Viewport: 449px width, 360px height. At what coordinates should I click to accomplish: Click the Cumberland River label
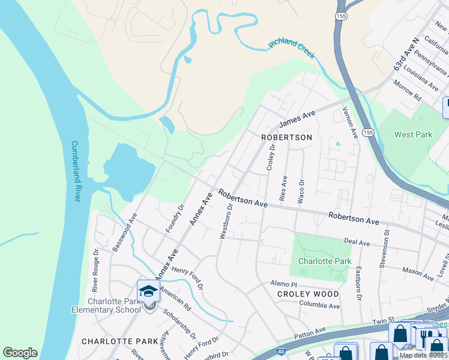click(x=76, y=171)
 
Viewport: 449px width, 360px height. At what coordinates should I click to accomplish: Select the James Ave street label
click(x=297, y=118)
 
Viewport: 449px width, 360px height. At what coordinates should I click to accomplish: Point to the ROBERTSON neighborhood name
click(x=287, y=137)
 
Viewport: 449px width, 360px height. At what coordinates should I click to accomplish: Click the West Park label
click(x=413, y=134)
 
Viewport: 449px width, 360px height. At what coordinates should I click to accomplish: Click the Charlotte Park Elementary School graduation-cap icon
click(x=148, y=292)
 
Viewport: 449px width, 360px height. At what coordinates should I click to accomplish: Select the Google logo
click(x=20, y=353)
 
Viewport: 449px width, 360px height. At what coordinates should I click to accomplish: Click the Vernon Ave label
click(x=349, y=123)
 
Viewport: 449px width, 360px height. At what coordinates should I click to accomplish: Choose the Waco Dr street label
click(x=302, y=190)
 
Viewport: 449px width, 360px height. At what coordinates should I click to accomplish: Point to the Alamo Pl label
click(x=283, y=283)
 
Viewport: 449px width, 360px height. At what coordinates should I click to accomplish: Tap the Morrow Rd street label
click(x=408, y=89)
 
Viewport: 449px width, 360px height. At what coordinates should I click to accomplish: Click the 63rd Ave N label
click(x=405, y=55)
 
